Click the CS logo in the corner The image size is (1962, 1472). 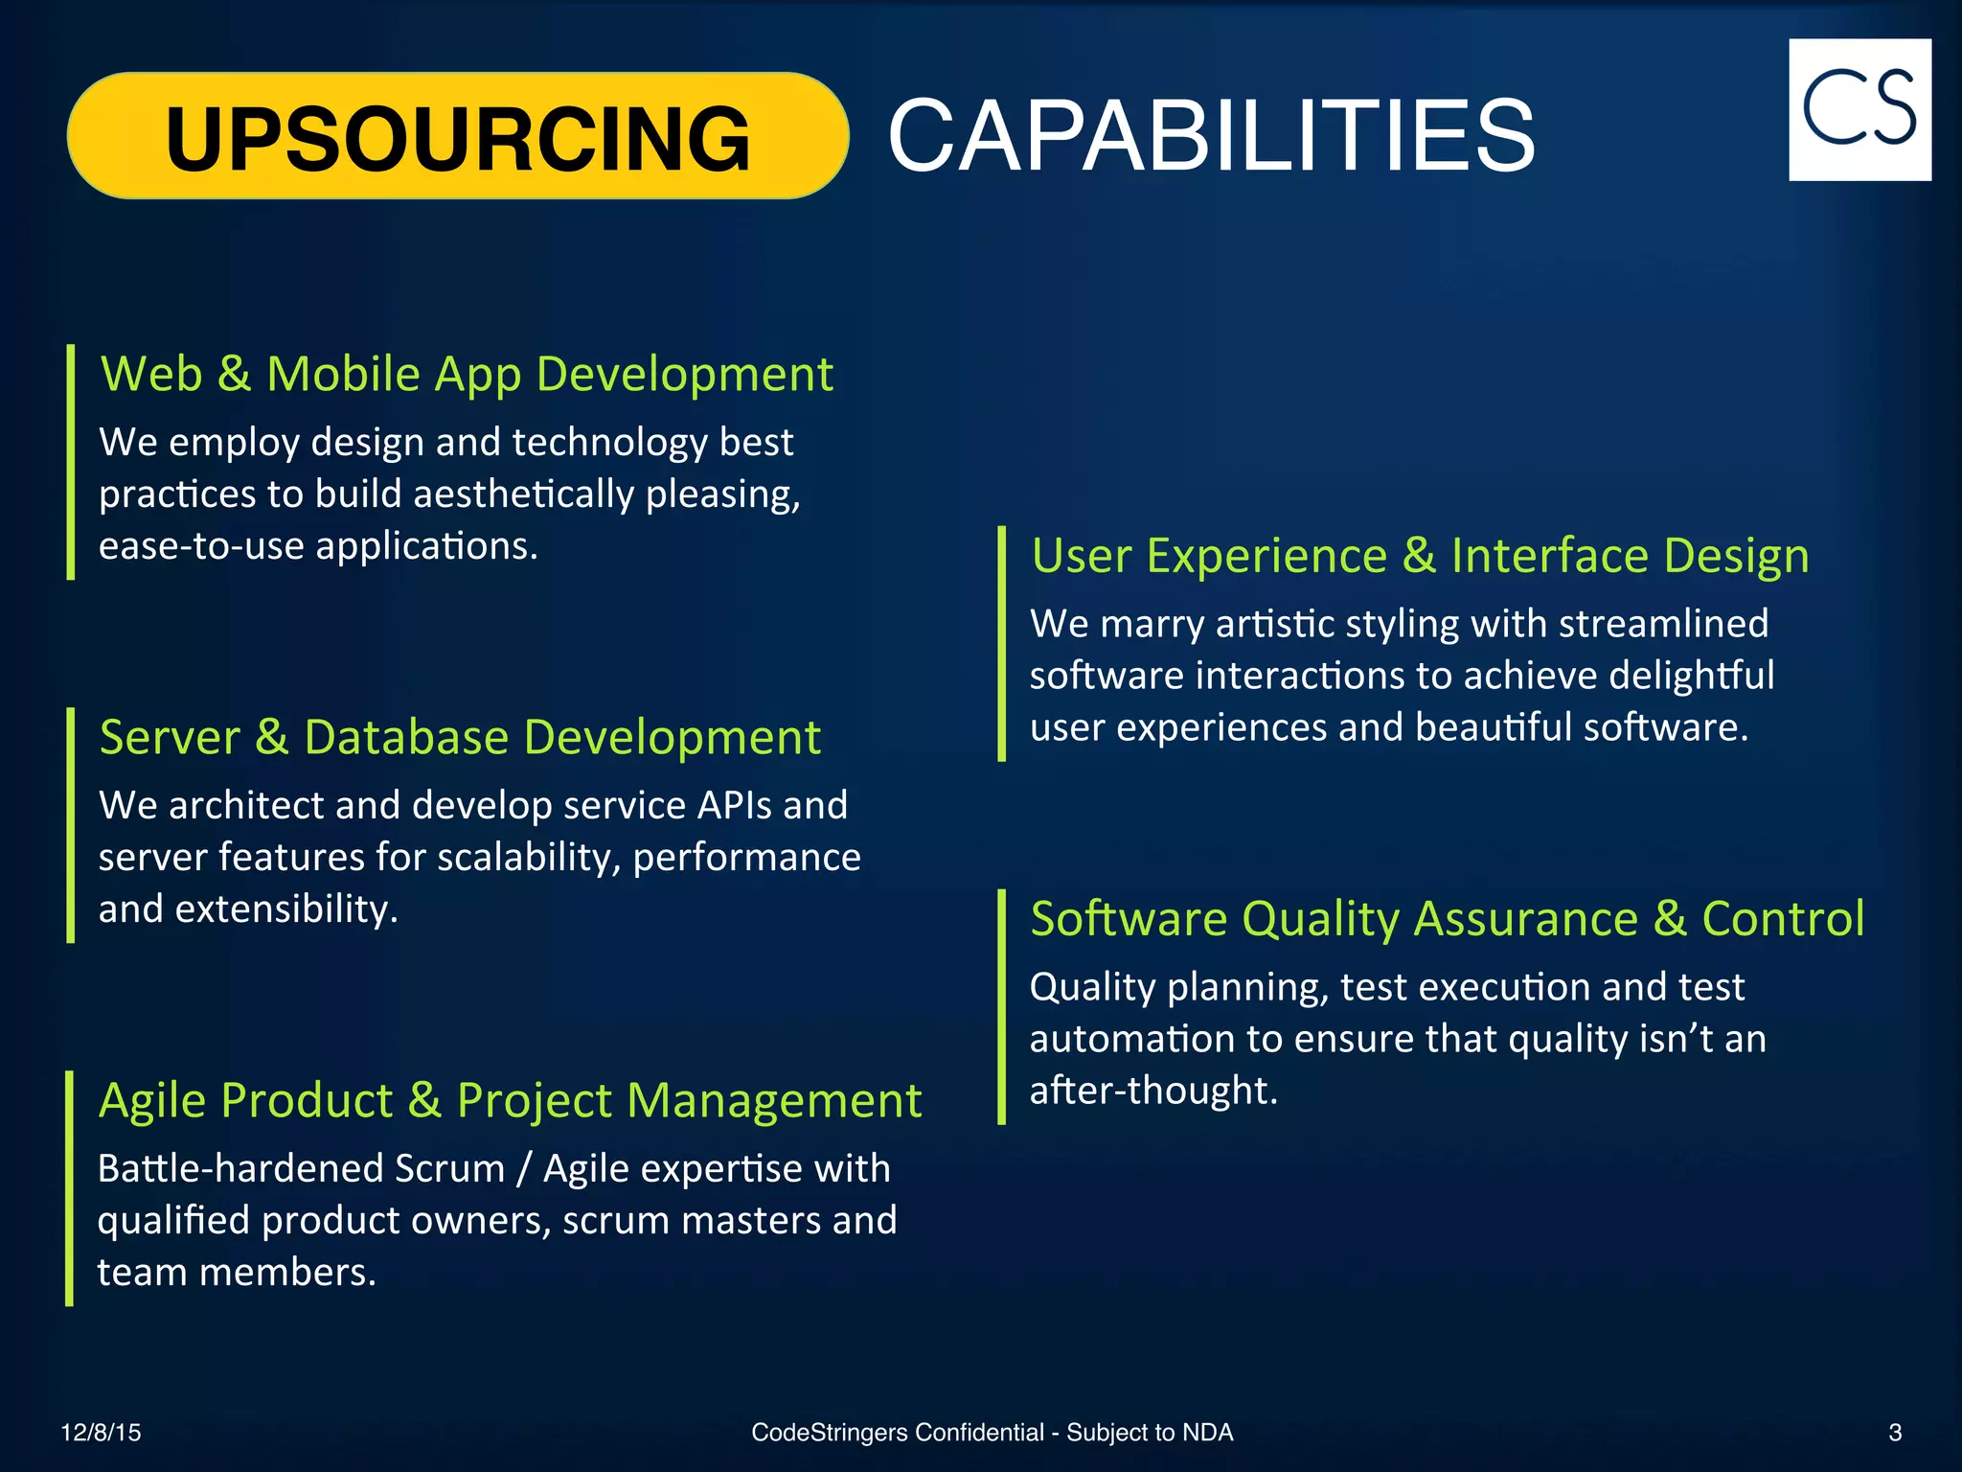tap(1859, 109)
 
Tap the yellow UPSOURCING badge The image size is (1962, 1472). tap(458, 136)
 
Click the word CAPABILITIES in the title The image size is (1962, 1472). tap(1211, 136)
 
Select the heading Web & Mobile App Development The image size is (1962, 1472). tap(467, 374)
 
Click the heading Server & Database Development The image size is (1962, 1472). tap(460, 737)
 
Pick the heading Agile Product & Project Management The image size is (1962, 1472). tap(510, 1100)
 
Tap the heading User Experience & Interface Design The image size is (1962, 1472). tap(1420, 556)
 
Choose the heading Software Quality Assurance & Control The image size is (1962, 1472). tap(1447, 918)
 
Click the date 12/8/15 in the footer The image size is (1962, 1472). tap(101, 1433)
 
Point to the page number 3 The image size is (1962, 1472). tap(1894, 1433)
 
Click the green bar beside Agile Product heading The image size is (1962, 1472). tap(69, 1188)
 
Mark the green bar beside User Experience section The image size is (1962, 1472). tap(1001, 643)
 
